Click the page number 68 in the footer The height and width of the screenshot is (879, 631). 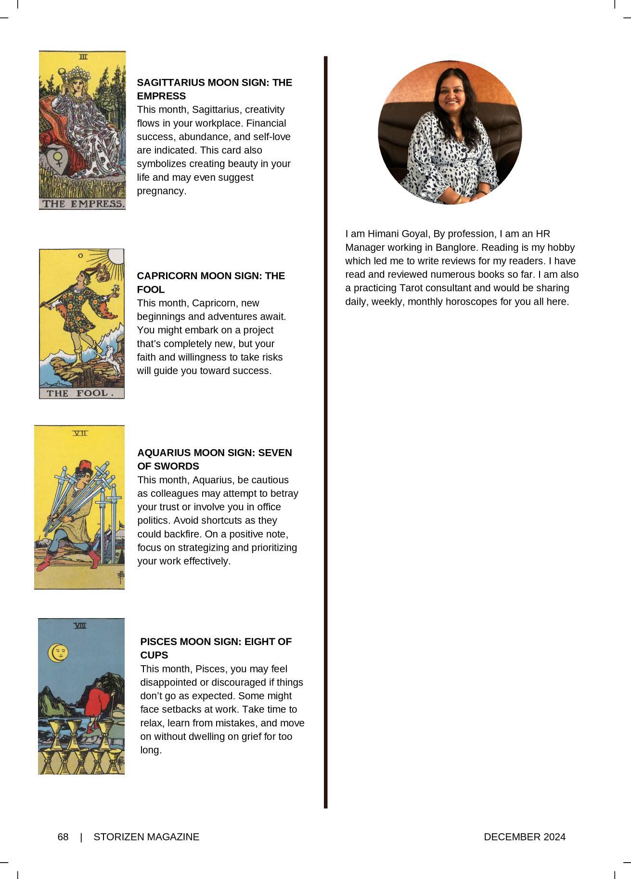(63, 837)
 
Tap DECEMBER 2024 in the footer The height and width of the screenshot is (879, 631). (525, 837)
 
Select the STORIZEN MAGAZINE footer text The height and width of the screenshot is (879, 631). (146, 837)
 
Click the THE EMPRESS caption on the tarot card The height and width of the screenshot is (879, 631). (82, 204)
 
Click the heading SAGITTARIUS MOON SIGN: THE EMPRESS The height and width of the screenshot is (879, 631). (214, 89)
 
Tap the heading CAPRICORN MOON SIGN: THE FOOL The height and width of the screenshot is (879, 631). (211, 283)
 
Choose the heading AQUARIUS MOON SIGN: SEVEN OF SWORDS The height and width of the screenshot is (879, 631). (215, 459)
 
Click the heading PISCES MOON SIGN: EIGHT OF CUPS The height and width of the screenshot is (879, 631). (216, 648)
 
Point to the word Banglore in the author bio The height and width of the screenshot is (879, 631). (456, 247)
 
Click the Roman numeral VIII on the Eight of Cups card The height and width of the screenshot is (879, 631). (80, 625)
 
